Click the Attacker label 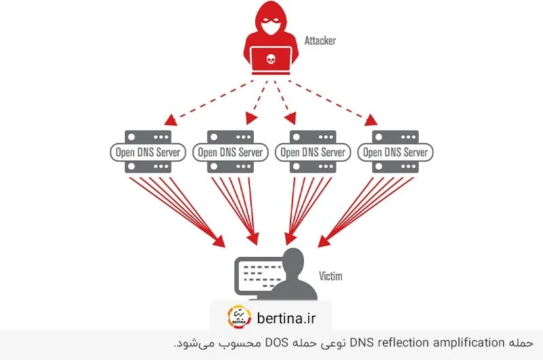point(320,41)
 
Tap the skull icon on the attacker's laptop point(271,60)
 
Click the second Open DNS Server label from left point(229,152)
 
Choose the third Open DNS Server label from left point(313,152)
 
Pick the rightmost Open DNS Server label point(395,152)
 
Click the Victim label point(331,276)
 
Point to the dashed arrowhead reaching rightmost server point(371,120)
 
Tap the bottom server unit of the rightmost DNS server point(395,167)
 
